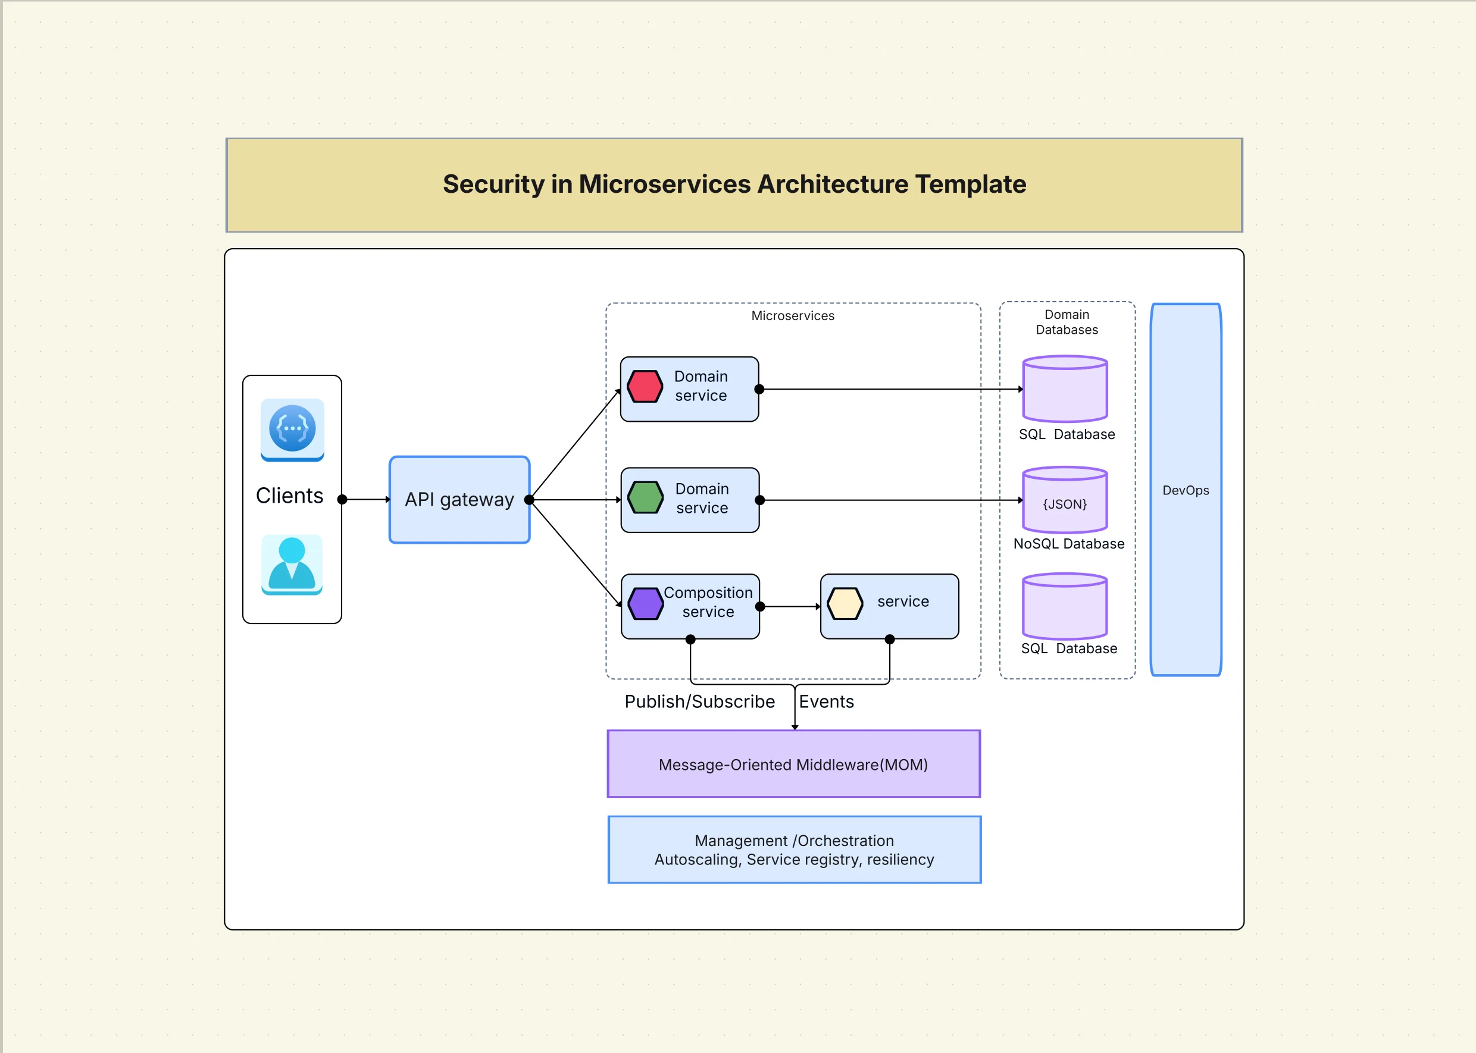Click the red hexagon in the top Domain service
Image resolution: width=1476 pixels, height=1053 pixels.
[x=645, y=387]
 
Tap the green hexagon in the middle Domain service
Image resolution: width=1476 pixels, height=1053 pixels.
[x=645, y=497]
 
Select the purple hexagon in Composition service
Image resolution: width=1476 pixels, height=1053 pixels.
[x=645, y=604]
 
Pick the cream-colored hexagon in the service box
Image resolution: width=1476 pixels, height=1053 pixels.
[x=845, y=604]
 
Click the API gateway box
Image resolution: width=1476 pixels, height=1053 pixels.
[x=459, y=499]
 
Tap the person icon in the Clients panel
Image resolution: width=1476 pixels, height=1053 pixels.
[x=292, y=564]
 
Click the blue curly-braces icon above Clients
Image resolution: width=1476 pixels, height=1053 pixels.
[x=292, y=428]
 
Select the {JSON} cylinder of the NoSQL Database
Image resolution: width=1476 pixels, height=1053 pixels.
[x=1065, y=500]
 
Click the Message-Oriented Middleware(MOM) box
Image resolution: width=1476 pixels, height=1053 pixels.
[x=793, y=764]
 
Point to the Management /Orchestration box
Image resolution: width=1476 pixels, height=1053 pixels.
[x=794, y=850]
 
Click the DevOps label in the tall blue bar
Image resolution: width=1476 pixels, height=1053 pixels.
[x=1186, y=490]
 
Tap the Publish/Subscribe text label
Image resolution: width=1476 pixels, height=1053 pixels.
[x=699, y=701]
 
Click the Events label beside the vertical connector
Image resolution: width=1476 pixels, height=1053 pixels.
[x=826, y=701]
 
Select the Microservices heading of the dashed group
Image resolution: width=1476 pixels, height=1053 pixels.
[x=793, y=316]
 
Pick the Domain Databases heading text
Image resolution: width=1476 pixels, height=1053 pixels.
[x=1067, y=322]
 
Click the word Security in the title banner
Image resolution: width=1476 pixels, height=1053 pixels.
[x=493, y=184]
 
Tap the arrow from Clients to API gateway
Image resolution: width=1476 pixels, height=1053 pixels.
[x=367, y=499]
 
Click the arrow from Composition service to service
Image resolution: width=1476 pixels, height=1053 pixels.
[x=790, y=606]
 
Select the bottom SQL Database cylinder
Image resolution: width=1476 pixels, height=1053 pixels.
[x=1065, y=607]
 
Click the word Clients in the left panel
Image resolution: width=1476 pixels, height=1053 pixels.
[x=289, y=496]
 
